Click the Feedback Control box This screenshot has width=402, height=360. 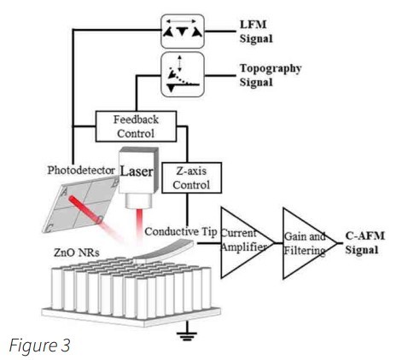tap(136, 126)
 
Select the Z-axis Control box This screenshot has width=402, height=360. tap(191, 177)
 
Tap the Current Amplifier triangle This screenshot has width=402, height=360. tap(245, 242)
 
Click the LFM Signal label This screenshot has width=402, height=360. tap(256, 32)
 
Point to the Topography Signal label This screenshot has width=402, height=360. tap(271, 75)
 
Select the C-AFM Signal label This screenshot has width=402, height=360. tap(364, 243)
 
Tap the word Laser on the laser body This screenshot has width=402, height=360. tap(137, 171)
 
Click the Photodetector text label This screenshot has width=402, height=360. tap(81, 171)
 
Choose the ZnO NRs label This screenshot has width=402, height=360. tap(77, 253)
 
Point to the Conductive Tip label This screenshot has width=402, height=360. tap(181, 232)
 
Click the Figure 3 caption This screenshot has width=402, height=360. tap(39, 345)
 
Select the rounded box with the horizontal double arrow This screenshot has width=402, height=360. tap(183, 31)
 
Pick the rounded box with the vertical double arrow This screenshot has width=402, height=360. tap(183, 74)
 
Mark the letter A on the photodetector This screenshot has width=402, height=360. tap(64, 192)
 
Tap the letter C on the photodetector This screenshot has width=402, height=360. tap(49, 228)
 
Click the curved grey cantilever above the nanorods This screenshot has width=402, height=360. tap(165, 250)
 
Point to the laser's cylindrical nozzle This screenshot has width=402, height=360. tap(138, 200)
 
